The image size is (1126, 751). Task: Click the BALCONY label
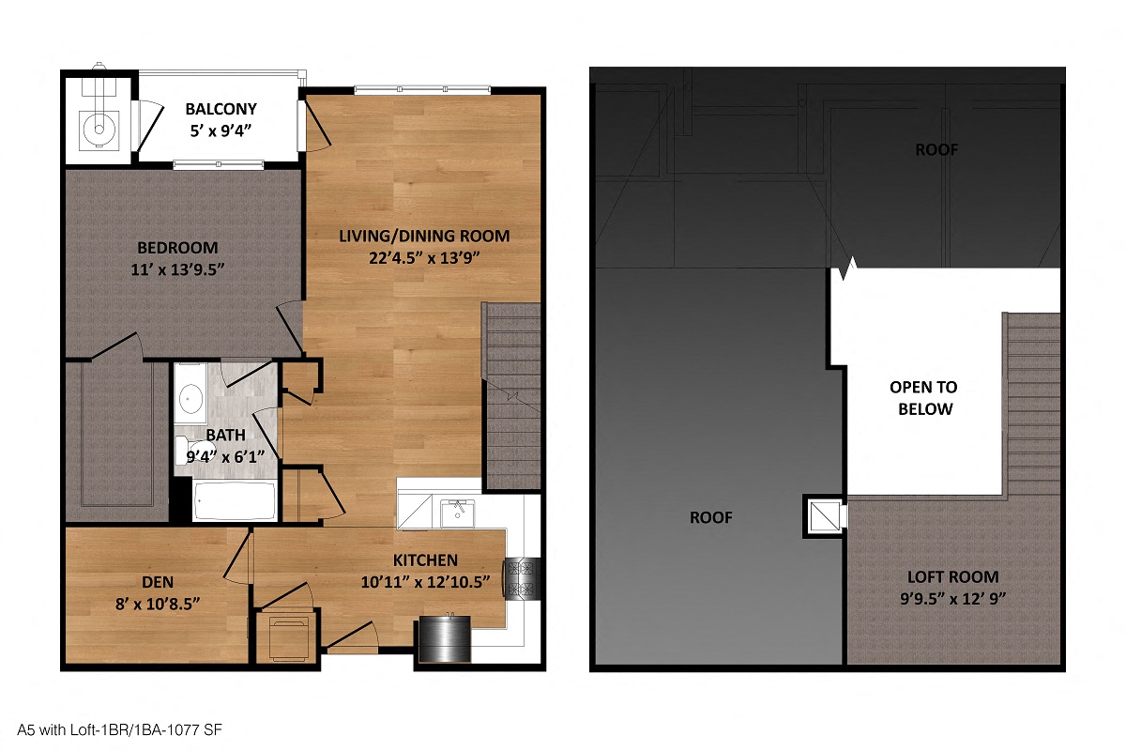tap(221, 109)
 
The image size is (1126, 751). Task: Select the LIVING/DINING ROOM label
tap(424, 235)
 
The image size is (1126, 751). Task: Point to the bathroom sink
tap(191, 399)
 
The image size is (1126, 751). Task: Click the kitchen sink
tap(458, 513)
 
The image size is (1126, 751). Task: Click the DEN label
tap(157, 582)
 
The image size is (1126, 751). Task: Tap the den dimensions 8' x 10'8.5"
tap(157, 602)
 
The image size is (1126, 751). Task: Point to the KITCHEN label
tap(425, 560)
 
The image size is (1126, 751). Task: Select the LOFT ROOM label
tap(952, 576)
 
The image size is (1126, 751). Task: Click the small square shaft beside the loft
tap(824, 515)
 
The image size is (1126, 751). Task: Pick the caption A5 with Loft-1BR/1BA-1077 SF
tap(118, 728)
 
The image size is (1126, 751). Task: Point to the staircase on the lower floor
tap(511, 394)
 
